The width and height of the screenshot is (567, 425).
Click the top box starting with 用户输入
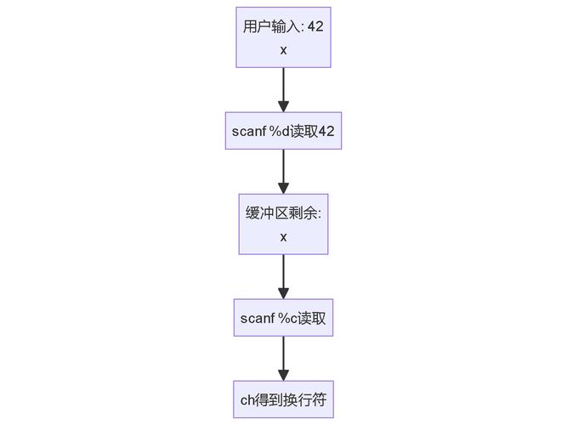tap(283, 37)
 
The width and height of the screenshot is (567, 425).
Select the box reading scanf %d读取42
tap(283, 131)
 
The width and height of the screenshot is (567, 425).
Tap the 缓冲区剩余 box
tap(283, 224)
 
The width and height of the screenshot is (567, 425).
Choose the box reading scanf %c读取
tap(283, 318)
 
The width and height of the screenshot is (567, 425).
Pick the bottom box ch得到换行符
tap(283, 400)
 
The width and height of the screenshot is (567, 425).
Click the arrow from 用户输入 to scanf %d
tap(283, 89)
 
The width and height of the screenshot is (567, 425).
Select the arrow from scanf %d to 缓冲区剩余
tap(283, 172)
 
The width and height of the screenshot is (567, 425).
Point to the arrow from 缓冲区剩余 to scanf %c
tap(283, 276)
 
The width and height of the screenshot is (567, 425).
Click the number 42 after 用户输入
tap(315, 27)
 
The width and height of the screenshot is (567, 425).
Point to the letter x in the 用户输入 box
tap(283, 49)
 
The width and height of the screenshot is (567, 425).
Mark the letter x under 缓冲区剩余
tap(283, 236)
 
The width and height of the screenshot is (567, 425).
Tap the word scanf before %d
tap(249, 131)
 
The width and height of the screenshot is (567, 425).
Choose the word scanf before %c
tap(257, 318)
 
